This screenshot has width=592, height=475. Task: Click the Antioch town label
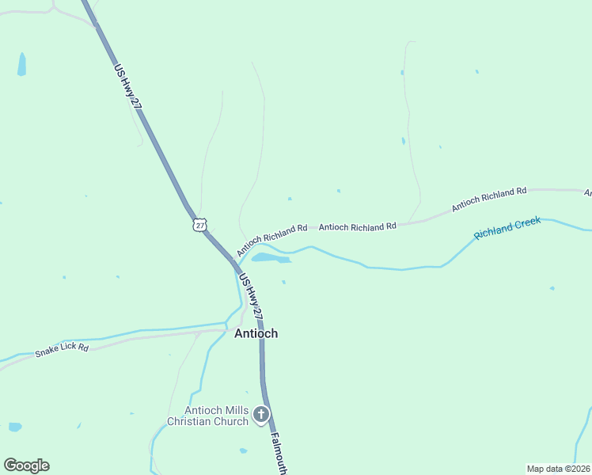point(256,333)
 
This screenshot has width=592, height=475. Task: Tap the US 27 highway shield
point(199,225)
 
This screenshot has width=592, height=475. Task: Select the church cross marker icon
point(261,415)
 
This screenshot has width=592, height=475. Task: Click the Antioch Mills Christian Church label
point(216,415)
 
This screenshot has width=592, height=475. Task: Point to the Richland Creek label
point(507,228)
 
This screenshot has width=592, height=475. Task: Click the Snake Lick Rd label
point(62,349)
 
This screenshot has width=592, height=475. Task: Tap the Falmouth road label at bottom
point(279,452)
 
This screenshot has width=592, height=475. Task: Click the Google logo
point(26,465)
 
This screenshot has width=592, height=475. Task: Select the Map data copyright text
point(558,468)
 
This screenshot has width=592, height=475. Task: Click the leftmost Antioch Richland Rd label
point(271,234)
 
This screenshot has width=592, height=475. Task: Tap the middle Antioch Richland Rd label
point(357,226)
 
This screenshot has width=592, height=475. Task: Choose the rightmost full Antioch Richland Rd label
point(489,199)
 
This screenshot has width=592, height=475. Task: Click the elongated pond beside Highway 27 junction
point(269,258)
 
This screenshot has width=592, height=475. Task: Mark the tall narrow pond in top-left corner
point(22,64)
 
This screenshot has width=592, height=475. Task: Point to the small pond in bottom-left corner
point(15,427)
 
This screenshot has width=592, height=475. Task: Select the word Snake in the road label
point(46,352)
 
